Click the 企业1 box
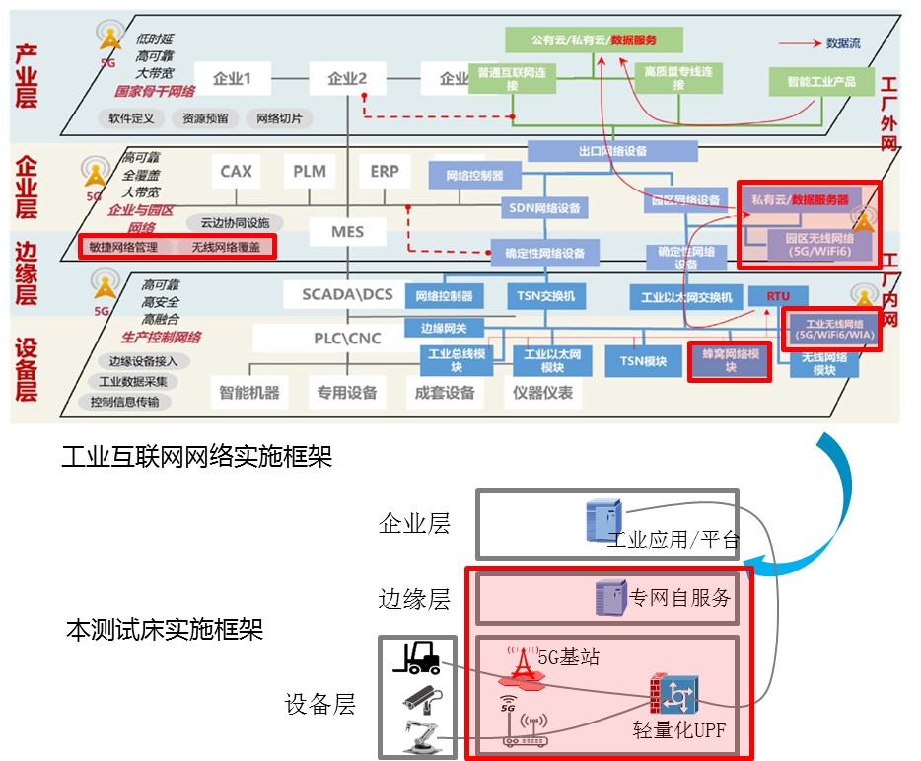pyautogui.click(x=234, y=78)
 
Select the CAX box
pyautogui.click(x=236, y=172)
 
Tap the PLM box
pyautogui.click(x=309, y=172)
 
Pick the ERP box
pyautogui.click(x=385, y=172)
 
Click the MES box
pyautogui.click(x=347, y=232)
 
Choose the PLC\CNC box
pyautogui.click(x=346, y=339)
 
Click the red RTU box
pyautogui.click(x=777, y=296)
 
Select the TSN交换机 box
pyautogui.click(x=546, y=296)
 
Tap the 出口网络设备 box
pyautogui.click(x=612, y=151)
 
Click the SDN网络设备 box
pyautogui.click(x=545, y=208)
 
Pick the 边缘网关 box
pyautogui.click(x=444, y=329)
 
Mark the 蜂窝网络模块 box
pyautogui.click(x=729, y=361)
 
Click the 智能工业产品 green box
pyautogui.click(x=820, y=81)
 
